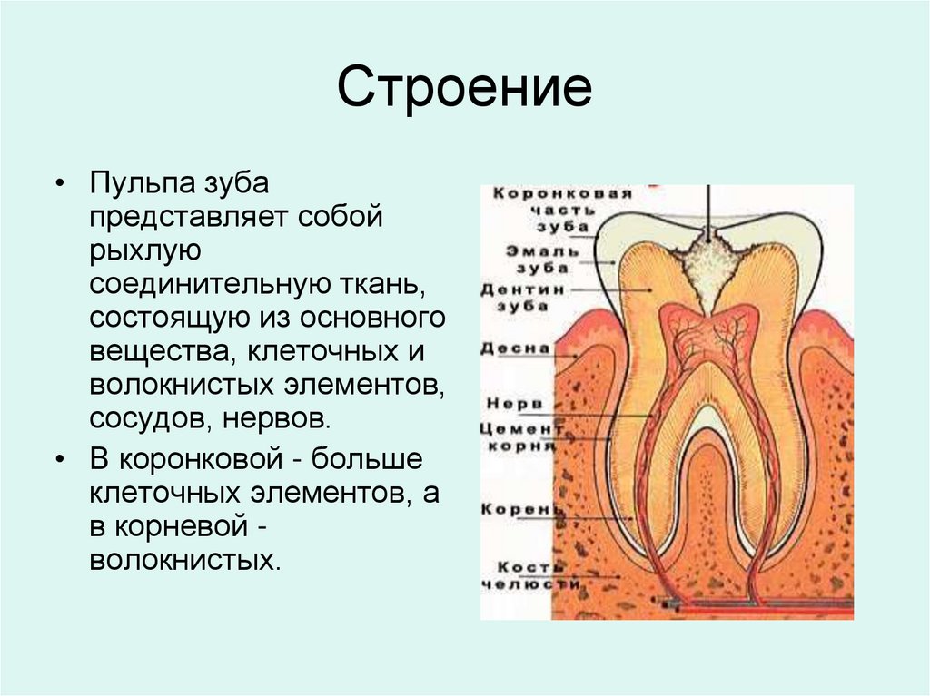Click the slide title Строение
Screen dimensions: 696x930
click(x=464, y=91)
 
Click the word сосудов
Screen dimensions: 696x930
click(x=135, y=420)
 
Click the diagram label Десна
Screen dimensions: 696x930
click(x=515, y=348)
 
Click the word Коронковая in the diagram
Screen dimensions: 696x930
click(x=537, y=193)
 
